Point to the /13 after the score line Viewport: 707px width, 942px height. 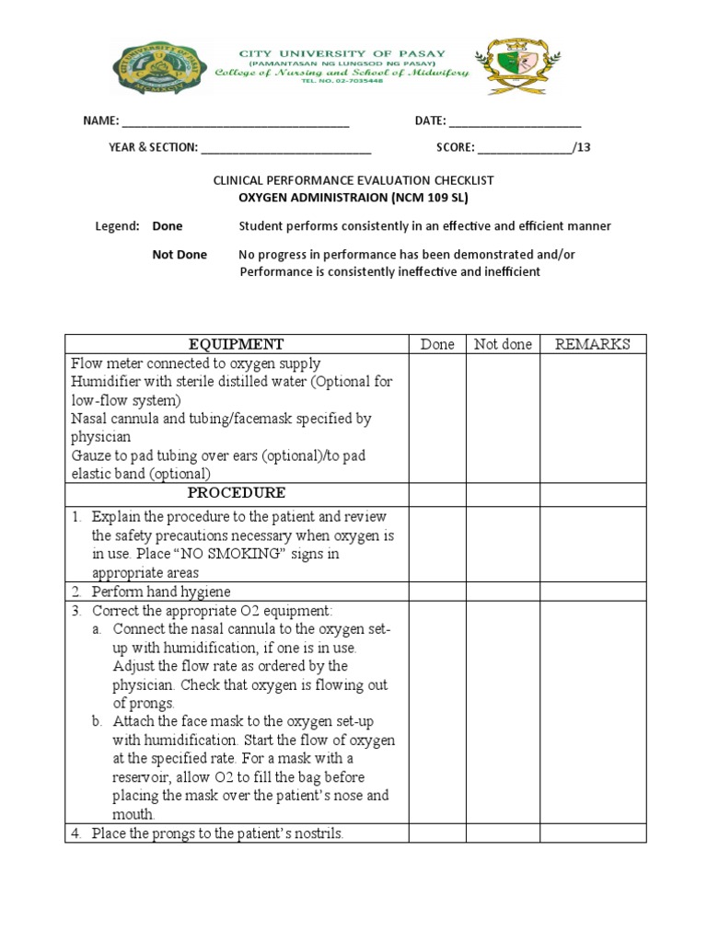(x=581, y=147)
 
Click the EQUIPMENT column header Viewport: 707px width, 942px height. (x=237, y=344)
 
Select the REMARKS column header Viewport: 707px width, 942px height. (x=592, y=344)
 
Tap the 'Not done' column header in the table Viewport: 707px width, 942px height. (x=503, y=344)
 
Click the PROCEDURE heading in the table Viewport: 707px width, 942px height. (x=237, y=493)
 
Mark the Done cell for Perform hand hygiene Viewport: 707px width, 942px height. (x=437, y=592)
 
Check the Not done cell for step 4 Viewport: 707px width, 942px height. (x=503, y=833)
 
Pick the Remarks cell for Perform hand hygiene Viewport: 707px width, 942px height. (x=592, y=592)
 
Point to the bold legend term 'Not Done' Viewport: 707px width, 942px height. (x=180, y=255)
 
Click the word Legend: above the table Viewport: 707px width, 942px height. (x=118, y=226)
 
